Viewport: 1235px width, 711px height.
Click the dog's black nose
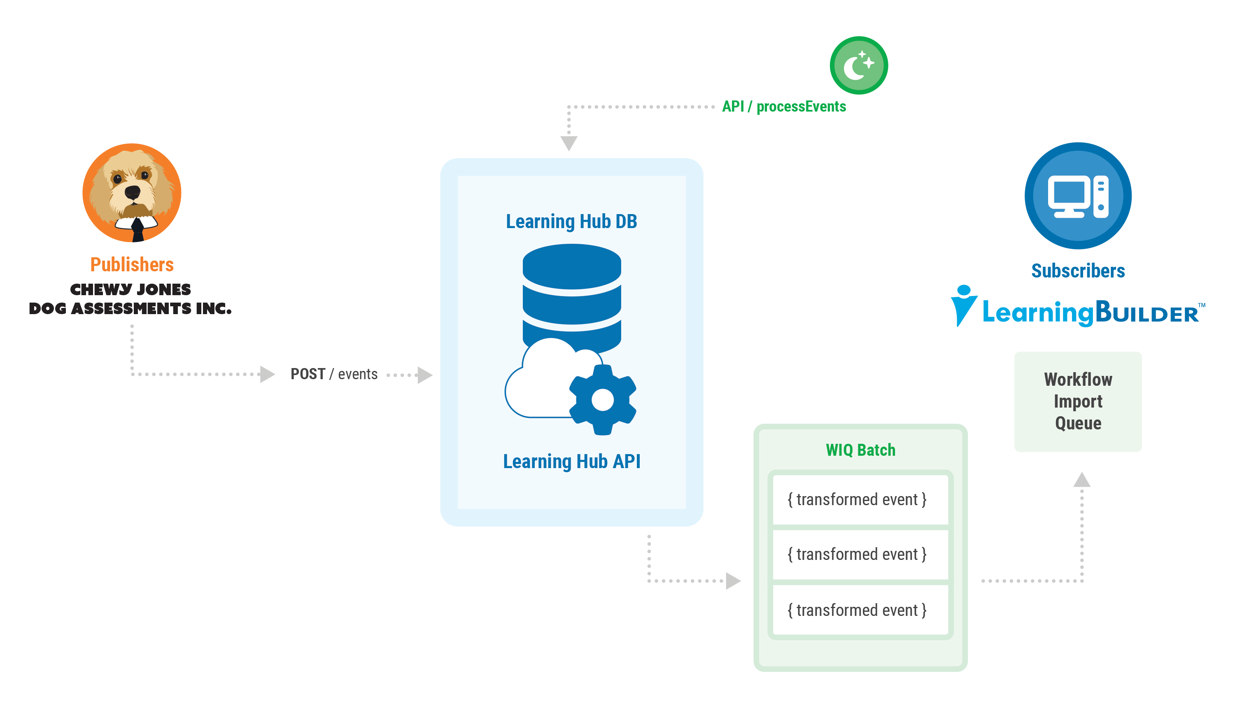point(132,192)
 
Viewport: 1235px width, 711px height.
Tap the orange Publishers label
point(132,265)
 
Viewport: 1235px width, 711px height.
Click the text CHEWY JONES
point(130,289)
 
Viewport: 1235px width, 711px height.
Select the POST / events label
point(334,374)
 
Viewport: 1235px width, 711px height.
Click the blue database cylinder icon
point(572,288)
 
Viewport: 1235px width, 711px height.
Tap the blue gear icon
point(602,400)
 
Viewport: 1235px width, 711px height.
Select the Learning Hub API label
point(572,462)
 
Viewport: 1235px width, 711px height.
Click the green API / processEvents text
point(783,107)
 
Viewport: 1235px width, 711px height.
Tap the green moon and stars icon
point(859,65)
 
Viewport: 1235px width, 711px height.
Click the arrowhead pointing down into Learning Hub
point(569,143)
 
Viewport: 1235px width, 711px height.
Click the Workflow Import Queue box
point(1078,401)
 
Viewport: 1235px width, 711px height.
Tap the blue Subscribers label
point(1078,271)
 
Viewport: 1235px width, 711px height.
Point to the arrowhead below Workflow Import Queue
point(1082,480)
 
